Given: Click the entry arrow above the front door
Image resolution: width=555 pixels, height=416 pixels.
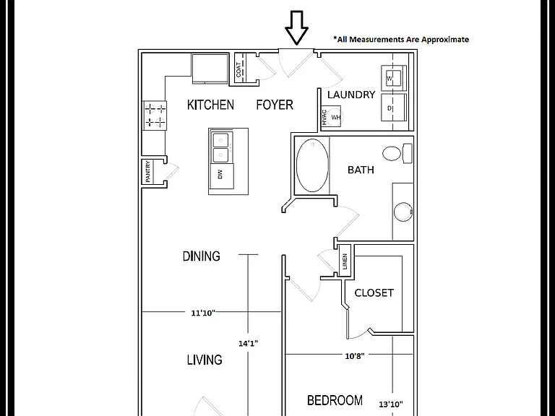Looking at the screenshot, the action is (296, 28).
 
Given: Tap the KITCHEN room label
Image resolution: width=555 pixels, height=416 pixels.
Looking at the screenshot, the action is (210, 105).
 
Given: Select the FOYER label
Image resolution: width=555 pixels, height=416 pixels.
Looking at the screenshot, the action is (275, 105).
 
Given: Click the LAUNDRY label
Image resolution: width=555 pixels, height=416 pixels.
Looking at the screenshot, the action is (351, 95).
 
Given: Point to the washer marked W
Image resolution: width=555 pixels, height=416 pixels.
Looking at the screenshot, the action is (394, 78).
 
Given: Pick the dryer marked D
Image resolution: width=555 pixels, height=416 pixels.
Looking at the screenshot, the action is (394, 108).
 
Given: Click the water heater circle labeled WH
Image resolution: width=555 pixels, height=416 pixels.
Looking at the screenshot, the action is (334, 117).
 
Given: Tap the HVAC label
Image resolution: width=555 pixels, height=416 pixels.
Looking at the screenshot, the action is (324, 117).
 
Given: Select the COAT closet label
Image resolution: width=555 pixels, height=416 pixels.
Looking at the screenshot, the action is (238, 69).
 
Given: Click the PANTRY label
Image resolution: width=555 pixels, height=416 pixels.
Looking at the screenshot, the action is (147, 172).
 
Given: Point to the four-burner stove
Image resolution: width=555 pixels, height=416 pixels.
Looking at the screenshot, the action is (155, 116).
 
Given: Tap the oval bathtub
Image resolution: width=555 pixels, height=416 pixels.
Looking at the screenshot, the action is (312, 165).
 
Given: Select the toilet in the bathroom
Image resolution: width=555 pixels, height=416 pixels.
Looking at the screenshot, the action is (397, 154).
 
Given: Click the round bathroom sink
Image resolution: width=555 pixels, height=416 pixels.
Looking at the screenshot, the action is (403, 212).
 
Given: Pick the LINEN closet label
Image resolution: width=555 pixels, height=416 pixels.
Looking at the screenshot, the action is (345, 261).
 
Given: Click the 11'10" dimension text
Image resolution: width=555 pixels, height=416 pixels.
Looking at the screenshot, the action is (203, 313).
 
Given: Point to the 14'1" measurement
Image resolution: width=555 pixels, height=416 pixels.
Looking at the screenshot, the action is (248, 343).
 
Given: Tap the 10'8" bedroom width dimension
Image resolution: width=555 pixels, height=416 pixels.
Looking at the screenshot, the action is (355, 356).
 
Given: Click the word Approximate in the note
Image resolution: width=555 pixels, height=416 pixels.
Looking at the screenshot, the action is (445, 39).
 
